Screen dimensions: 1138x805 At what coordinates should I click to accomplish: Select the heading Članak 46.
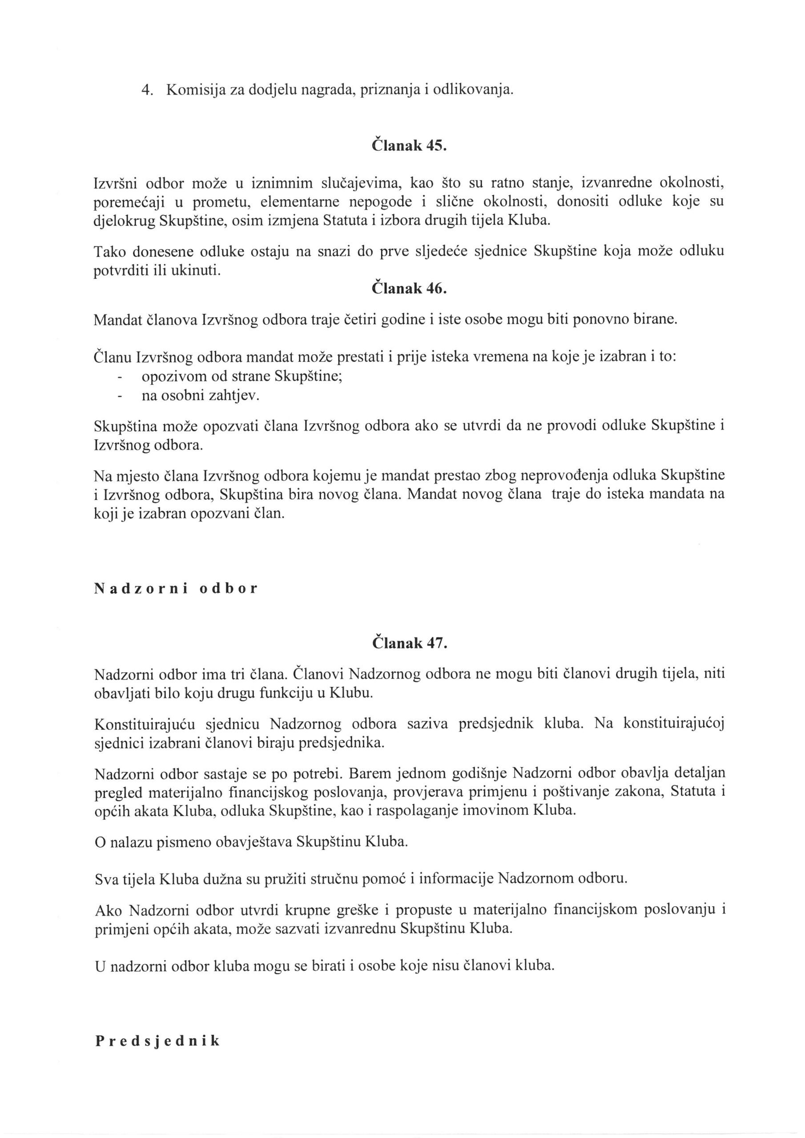point(409,289)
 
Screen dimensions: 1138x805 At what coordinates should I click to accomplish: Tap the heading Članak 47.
point(409,643)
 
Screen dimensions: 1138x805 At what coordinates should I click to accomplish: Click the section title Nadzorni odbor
point(176,588)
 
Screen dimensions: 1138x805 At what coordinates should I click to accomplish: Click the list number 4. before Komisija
point(146,90)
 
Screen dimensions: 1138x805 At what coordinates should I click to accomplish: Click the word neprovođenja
point(561,475)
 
